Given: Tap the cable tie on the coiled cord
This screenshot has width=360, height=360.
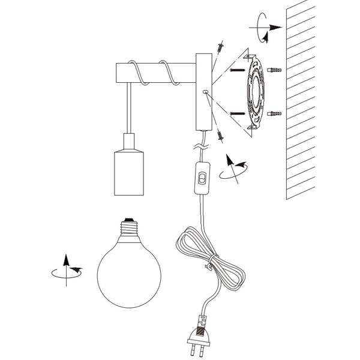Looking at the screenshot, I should coord(209,265).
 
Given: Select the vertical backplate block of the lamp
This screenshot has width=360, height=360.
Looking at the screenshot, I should coord(203,91).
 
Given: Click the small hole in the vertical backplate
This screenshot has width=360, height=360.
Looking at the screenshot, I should coord(206,92).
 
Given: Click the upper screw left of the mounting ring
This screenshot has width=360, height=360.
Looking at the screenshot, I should coord(237,70).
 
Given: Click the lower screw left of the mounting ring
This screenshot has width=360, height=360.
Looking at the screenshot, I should coord(237,113).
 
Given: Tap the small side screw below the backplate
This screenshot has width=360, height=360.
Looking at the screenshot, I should coord(221,136).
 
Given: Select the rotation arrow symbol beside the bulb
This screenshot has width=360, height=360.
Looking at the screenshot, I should coord(67,268).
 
